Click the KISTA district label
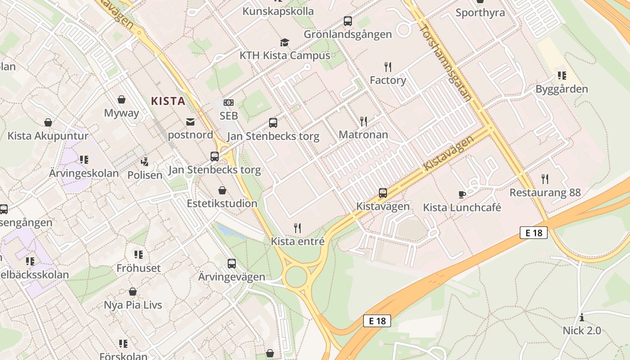(x=168, y=101)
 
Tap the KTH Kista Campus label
(x=284, y=56)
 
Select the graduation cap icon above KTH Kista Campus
(x=284, y=43)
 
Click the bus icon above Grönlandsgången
(x=347, y=21)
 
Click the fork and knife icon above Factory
(x=388, y=67)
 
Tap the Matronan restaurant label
(x=363, y=135)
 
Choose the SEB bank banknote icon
(x=229, y=103)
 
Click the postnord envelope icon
(x=190, y=121)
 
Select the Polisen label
(x=144, y=175)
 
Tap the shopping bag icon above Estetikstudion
(x=222, y=190)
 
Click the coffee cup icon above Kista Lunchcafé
(x=462, y=194)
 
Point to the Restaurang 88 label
(x=545, y=193)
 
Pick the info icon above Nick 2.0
(x=581, y=317)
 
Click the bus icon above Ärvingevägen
(x=232, y=263)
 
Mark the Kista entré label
(x=297, y=241)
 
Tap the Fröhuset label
(x=138, y=268)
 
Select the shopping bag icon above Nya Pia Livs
(x=133, y=292)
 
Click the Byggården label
(x=562, y=89)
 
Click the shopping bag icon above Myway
(x=121, y=99)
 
